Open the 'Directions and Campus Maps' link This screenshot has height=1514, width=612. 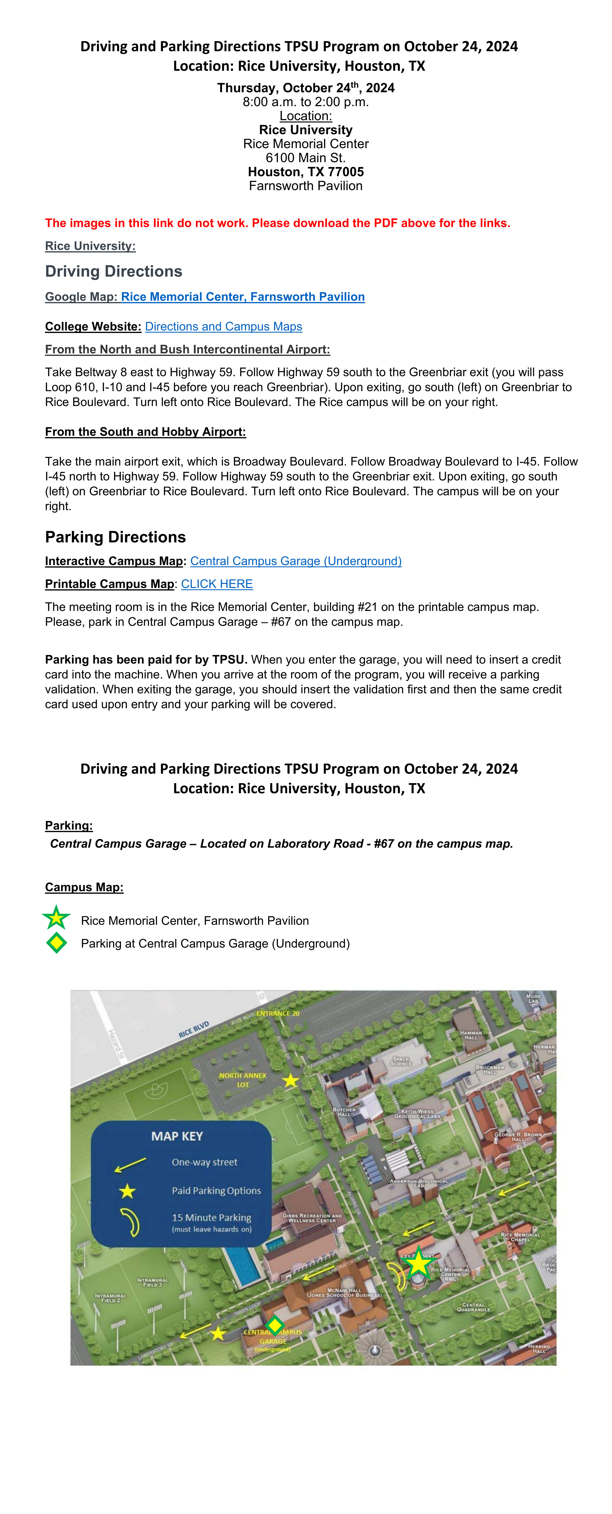pos(223,326)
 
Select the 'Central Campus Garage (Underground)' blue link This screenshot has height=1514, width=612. pos(296,561)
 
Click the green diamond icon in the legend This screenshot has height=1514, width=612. pos(56,943)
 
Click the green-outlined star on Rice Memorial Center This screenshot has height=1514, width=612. pos(418,1262)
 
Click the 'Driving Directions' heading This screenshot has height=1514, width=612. pos(114,271)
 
